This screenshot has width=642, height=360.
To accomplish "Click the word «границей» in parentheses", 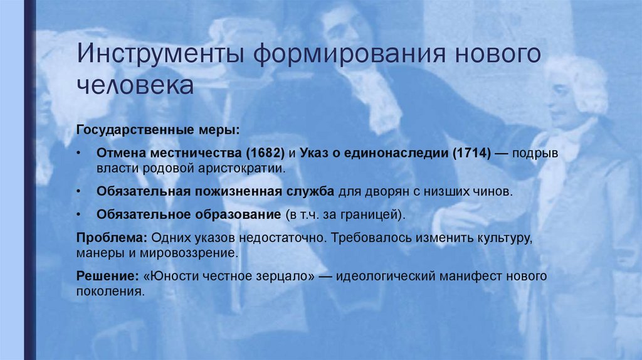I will point(374,214).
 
